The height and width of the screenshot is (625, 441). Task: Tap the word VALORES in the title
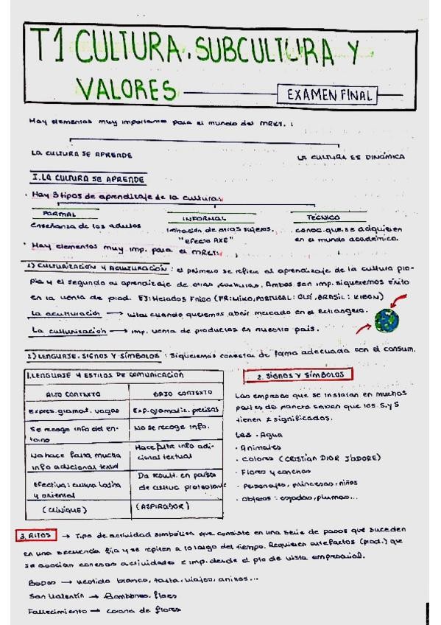(x=127, y=89)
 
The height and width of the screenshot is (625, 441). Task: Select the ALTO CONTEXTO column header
(x=72, y=394)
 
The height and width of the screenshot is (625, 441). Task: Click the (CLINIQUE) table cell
(x=66, y=509)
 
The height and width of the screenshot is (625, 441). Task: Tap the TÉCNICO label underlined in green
(x=325, y=217)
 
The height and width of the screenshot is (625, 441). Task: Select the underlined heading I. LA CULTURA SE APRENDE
(x=88, y=178)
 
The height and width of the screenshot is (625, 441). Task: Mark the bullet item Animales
(x=261, y=446)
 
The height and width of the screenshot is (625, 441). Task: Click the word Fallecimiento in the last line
(x=50, y=611)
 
